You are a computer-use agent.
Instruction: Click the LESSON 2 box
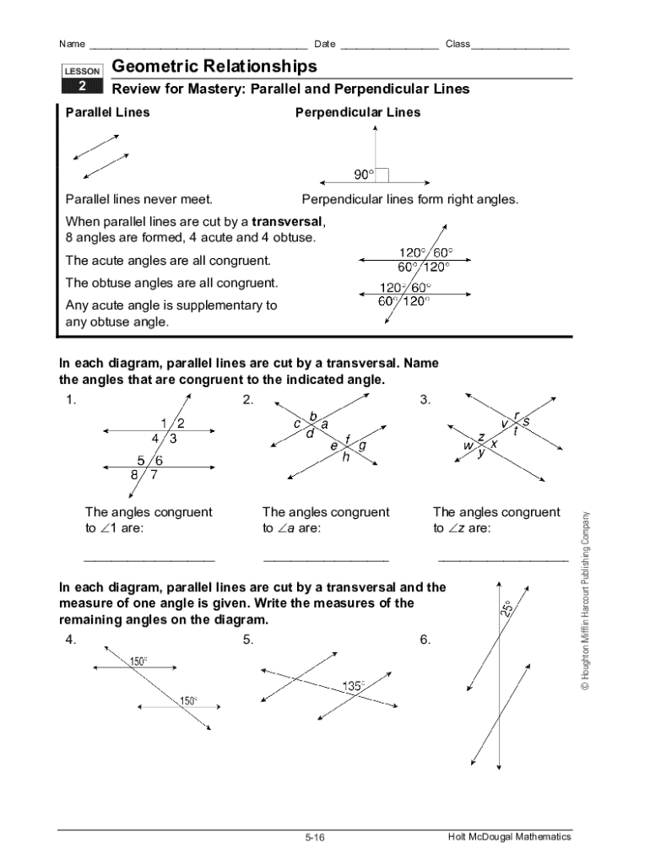[83, 79]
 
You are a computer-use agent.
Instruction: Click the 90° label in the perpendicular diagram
[364, 175]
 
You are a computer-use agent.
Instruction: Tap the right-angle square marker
[382, 175]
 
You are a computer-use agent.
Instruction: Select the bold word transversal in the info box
[287, 221]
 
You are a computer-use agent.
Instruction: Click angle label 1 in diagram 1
[162, 423]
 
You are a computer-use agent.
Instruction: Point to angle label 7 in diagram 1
[154, 474]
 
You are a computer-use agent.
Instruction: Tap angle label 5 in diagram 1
[141, 460]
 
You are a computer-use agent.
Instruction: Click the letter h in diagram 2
[345, 458]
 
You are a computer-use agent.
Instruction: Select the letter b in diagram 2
[313, 416]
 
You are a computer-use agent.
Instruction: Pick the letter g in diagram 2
[363, 445]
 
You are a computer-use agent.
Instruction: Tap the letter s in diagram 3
[526, 420]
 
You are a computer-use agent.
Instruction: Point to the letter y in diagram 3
[481, 453]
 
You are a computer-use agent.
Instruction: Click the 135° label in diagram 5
[354, 686]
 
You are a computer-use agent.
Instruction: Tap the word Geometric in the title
[160, 66]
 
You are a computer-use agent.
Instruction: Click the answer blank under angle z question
[503, 559]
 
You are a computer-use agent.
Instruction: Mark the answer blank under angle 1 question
[149, 559]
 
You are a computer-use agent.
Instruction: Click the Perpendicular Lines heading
[357, 112]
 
